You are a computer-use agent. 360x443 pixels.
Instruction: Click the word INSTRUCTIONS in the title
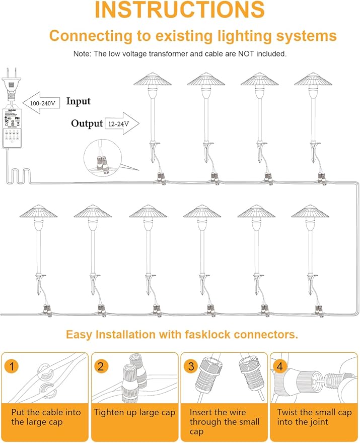[179, 11]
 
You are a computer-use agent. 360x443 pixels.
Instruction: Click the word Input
[78, 101]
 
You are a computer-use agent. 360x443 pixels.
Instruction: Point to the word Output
[87, 123]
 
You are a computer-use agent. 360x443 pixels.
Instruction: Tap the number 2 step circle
[101, 366]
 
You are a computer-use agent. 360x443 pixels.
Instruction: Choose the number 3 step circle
[191, 366]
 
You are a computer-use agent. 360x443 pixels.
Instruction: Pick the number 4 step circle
[280, 366]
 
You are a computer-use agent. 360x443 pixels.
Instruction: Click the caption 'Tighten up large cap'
[134, 412]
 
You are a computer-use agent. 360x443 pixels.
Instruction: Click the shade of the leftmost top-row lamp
[153, 80]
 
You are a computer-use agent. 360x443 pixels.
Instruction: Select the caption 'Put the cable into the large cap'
[45, 417]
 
